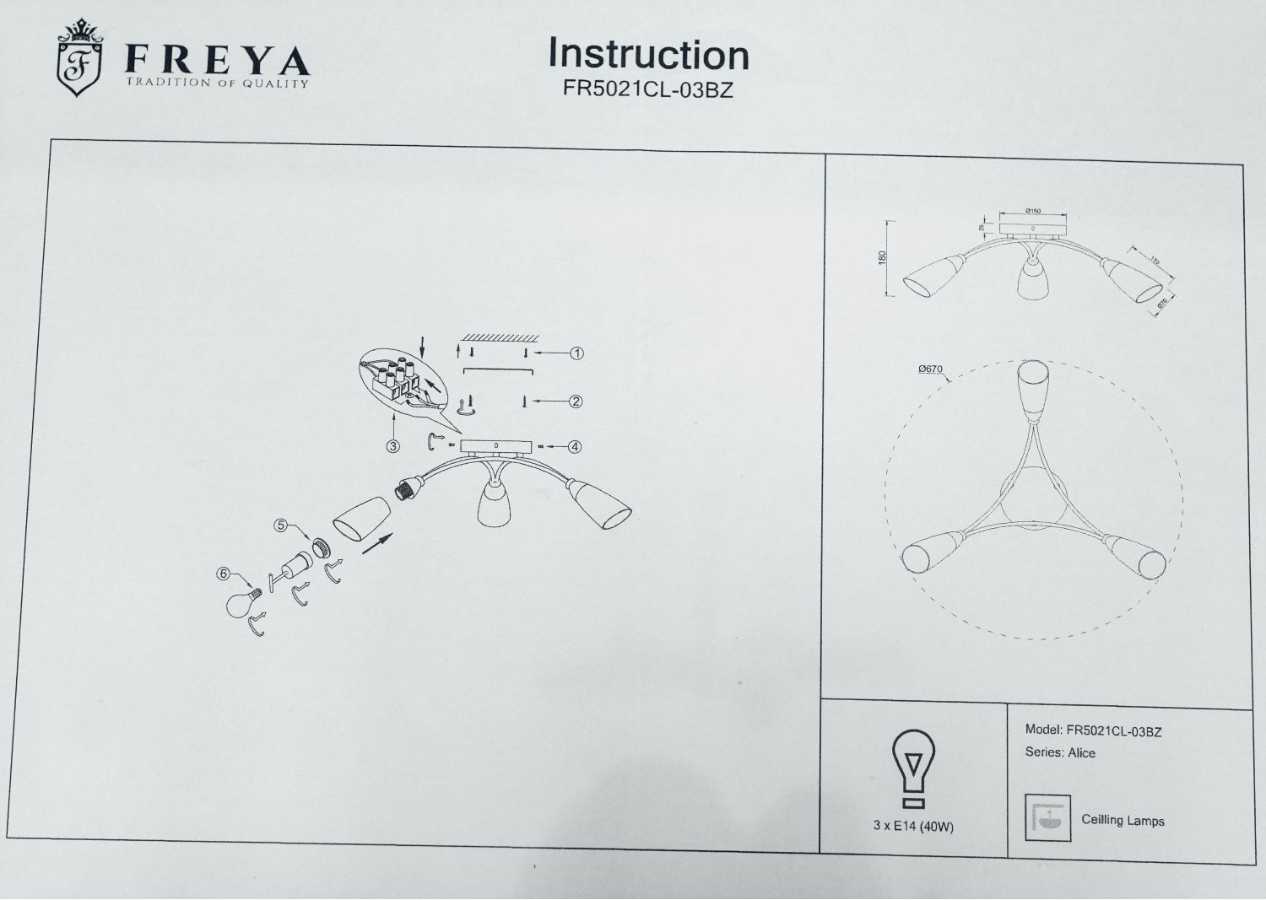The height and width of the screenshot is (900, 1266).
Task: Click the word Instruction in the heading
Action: pos(648,54)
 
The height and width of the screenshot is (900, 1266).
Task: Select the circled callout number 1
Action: pos(577,353)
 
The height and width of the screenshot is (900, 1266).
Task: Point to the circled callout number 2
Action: pos(576,401)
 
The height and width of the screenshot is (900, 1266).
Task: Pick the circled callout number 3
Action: pos(392,446)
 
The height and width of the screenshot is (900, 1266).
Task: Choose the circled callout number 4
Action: pos(575,447)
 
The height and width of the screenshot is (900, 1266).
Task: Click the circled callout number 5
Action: pos(282,525)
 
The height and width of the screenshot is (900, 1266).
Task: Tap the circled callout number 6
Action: pos(224,574)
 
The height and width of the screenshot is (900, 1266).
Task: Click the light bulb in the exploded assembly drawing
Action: pos(241,603)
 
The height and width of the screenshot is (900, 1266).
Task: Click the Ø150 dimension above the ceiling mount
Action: pos(1032,210)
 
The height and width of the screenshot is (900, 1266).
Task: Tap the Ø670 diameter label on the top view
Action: pos(929,369)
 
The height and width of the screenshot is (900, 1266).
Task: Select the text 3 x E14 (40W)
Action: pos(913,827)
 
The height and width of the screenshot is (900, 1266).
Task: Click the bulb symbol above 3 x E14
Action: pos(913,766)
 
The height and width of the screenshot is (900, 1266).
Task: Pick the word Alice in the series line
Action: pos(1081,753)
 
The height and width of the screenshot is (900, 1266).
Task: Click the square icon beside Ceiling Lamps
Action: pos(1047,817)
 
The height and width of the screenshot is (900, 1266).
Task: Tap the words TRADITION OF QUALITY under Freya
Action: pos(217,83)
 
